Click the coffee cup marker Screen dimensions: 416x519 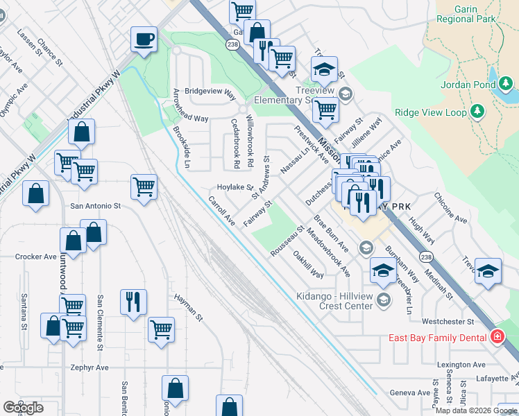[144, 40]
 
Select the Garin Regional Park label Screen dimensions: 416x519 [465, 14]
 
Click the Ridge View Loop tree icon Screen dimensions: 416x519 [477, 111]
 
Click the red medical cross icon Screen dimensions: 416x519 [496, 338]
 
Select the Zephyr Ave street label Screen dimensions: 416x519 [90, 367]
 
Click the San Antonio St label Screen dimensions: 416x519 [96, 206]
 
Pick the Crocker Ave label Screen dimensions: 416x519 [35, 257]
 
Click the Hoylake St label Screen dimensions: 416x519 [235, 187]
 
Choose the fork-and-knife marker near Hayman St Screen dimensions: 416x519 [133, 302]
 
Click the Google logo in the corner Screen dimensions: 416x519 [23, 408]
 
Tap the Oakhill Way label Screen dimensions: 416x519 [308, 265]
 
